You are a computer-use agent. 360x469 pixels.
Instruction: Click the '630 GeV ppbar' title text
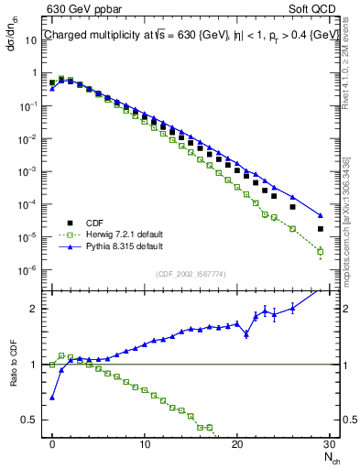click(x=80, y=11)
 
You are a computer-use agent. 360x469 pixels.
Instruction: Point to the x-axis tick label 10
click(x=145, y=442)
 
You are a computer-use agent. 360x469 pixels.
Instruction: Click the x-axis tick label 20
click(x=237, y=442)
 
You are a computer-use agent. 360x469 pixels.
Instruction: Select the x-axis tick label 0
click(x=52, y=442)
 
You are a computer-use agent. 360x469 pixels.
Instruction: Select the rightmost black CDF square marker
click(x=321, y=229)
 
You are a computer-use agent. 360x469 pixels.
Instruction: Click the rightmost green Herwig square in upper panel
click(x=321, y=251)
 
